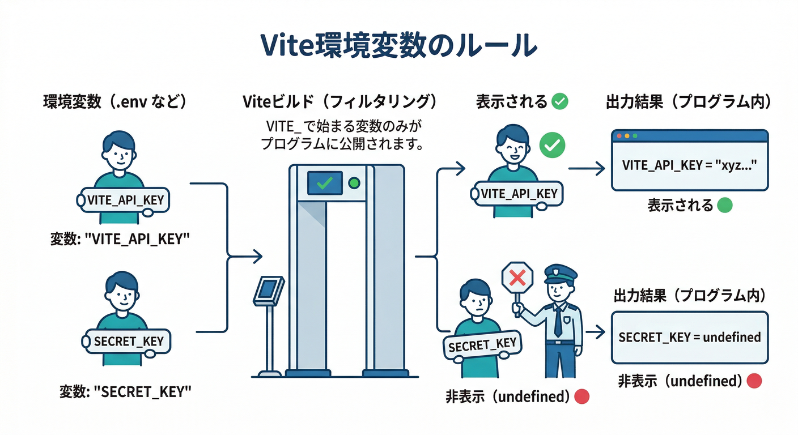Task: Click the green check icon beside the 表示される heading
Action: click(560, 101)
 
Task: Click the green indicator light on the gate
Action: click(355, 183)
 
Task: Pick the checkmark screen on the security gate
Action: click(324, 183)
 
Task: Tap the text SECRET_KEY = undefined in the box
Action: click(690, 337)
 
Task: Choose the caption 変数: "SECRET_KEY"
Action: click(125, 391)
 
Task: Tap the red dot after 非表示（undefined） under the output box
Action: click(754, 381)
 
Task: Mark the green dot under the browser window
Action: click(724, 205)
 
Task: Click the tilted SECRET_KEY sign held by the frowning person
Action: click(482, 344)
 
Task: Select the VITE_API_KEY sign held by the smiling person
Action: click(519, 194)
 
